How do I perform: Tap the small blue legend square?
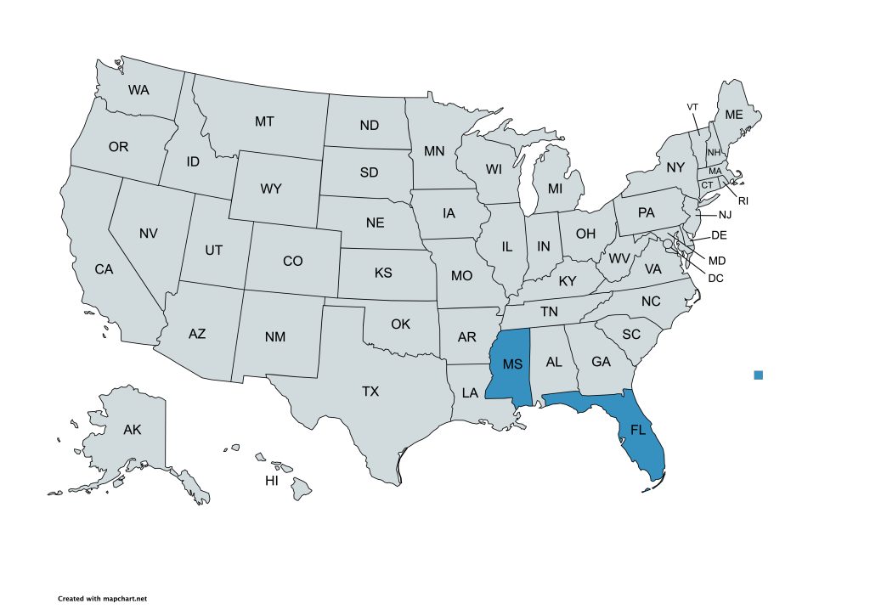click(x=759, y=375)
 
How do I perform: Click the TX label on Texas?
click(x=370, y=392)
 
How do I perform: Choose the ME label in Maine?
click(x=733, y=115)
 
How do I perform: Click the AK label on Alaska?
click(x=132, y=430)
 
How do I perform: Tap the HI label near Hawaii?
click(x=272, y=481)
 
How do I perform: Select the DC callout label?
click(x=715, y=277)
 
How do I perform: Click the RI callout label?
click(x=743, y=201)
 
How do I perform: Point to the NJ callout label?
click(x=725, y=215)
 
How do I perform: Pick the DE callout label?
click(x=719, y=235)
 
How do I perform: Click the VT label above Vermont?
click(x=692, y=106)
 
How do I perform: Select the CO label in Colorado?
click(x=292, y=262)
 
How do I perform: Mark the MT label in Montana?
click(x=264, y=121)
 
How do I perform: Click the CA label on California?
click(x=104, y=269)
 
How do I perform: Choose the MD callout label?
click(x=717, y=260)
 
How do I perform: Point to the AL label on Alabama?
click(x=554, y=362)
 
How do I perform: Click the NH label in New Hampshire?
click(x=714, y=152)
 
